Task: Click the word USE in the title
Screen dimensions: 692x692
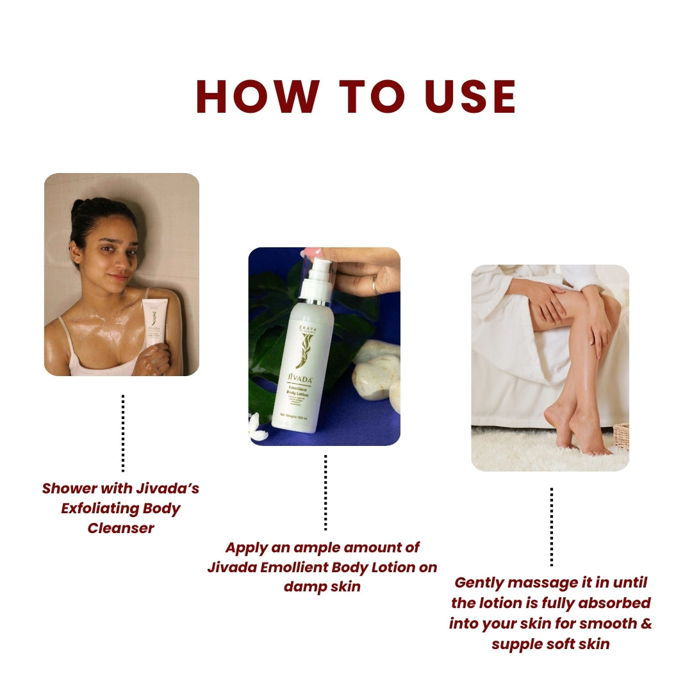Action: pyautogui.click(x=472, y=97)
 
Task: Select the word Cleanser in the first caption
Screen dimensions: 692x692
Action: pyautogui.click(x=121, y=528)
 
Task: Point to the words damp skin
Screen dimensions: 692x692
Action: pyautogui.click(x=322, y=586)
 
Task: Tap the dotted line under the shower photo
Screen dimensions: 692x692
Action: pyautogui.click(x=122, y=432)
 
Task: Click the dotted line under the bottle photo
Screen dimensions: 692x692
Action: pyautogui.click(x=325, y=492)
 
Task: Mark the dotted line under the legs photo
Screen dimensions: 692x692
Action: pyautogui.click(x=551, y=527)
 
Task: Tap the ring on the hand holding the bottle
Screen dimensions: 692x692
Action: pyautogui.click(x=375, y=284)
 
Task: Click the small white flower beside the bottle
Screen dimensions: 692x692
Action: pyautogui.click(x=258, y=427)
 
